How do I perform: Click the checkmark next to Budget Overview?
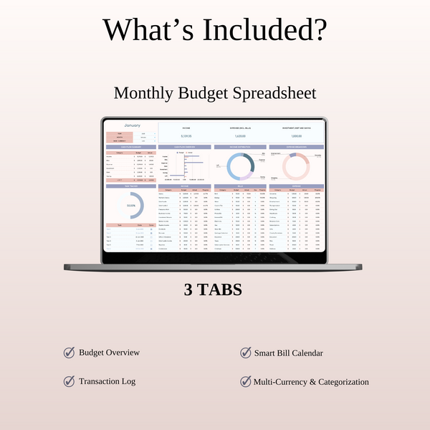69,353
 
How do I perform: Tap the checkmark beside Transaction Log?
69,381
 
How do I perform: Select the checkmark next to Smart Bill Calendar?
245,353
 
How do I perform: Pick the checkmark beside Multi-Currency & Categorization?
245,381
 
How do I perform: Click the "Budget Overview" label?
109,353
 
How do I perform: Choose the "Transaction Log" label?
107,382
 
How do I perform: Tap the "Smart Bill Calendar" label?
288,353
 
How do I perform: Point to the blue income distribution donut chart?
240,166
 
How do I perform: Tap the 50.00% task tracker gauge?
131,205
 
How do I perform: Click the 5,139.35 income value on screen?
186,136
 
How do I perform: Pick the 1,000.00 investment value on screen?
296,136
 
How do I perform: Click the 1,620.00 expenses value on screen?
240,136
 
